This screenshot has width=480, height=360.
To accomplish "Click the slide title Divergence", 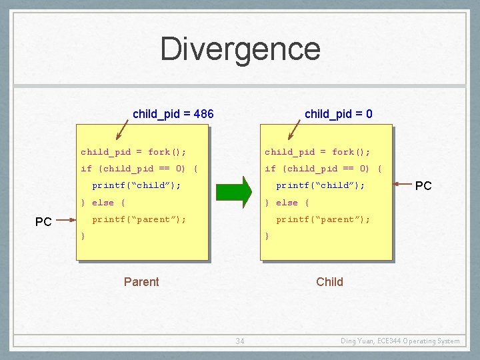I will tap(240, 49).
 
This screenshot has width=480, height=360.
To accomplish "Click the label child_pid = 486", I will tap(173, 114).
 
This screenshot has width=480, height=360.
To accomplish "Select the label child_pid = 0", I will tap(338, 114).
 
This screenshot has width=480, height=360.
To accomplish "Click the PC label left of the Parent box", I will tap(43, 222).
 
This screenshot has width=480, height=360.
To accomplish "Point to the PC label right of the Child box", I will tap(423, 186).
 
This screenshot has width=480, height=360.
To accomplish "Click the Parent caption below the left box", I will tap(141, 282).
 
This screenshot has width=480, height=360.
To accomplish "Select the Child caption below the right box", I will tap(329, 282).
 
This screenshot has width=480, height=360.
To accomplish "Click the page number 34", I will tap(240, 341).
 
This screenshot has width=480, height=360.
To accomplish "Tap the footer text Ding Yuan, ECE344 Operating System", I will tap(400, 341).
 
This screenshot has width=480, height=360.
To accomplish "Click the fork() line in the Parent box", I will tap(133, 152).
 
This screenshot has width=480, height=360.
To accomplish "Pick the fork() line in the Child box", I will tap(317, 152).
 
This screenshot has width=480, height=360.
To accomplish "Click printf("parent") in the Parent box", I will tap(139, 219).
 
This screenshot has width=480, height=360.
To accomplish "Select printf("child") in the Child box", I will tap(321, 185).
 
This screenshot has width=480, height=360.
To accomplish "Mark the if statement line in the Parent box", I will tap(139, 169).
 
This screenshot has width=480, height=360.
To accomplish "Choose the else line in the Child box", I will tap(287, 203).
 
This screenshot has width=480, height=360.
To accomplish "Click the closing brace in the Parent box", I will tap(83, 236).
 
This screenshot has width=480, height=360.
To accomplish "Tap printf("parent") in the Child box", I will tap(323, 219).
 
